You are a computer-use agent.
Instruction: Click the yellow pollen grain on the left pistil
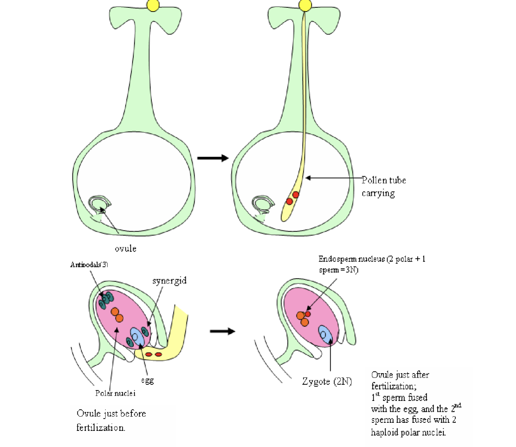tap(153, 5)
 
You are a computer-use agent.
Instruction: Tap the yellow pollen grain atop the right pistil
tap(305, 5)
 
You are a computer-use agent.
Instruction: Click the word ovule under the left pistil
tap(126, 249)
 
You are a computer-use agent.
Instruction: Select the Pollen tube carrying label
tap(383, 187)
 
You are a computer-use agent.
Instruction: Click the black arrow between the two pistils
tap(213, 158)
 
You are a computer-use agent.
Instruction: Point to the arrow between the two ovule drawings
tap(222, 331)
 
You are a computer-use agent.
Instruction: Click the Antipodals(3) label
tap(89, 265)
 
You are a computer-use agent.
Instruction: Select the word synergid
tap(170, 281)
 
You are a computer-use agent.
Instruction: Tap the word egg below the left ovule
tap(147, 380)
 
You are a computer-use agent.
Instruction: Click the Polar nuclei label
tap(115, 393)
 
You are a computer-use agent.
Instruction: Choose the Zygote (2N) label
tap(327, 382)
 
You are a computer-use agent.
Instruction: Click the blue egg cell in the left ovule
tap(137, 337)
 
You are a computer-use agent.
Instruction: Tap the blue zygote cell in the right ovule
tap(325, 334)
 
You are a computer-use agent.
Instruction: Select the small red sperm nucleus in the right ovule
tap(308, 314)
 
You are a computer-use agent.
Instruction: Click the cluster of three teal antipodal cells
tap(106, 299)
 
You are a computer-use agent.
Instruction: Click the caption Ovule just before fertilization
tap(111, 420)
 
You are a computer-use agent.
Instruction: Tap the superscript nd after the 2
tap(458, 405)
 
